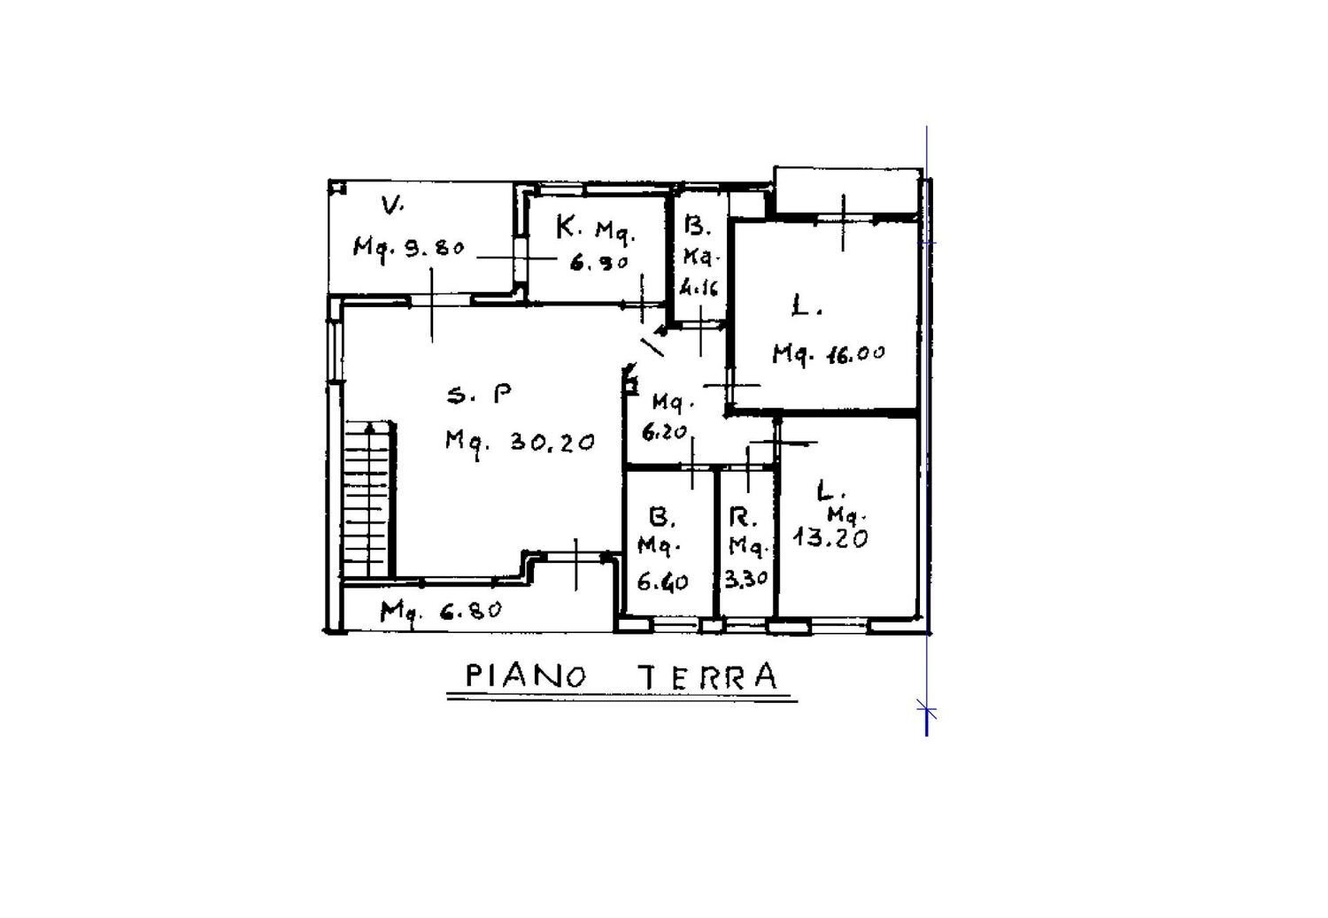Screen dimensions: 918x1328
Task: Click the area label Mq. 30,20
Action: pos(520,441)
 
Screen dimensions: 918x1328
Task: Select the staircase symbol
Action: pos(367,500)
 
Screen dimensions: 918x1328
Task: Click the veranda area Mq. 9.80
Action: pos(408,247)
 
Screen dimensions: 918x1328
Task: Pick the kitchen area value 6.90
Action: pos(598,262)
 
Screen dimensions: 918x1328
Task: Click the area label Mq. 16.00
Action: pos(829,353)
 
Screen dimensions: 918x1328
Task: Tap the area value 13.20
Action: pos(830,538)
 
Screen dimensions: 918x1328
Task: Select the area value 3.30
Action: pos(746,580)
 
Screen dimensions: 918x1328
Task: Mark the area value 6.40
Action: pos(662,582)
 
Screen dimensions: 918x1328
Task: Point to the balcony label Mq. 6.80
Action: pos(442,610)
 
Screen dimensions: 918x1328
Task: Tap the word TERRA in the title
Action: pos(708,676)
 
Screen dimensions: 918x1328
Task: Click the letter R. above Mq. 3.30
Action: pos(741,516)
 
